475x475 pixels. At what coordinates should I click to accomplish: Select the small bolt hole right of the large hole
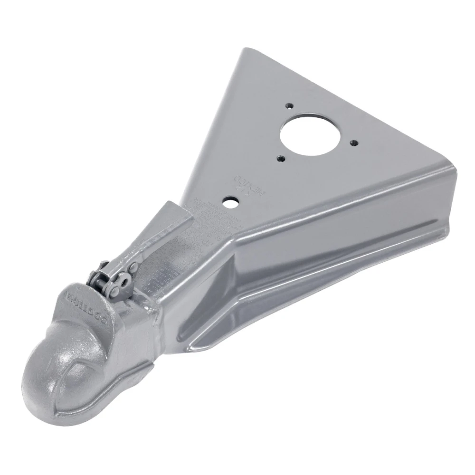coord(353,141)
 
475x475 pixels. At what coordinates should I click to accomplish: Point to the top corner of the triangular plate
coord(245,51)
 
